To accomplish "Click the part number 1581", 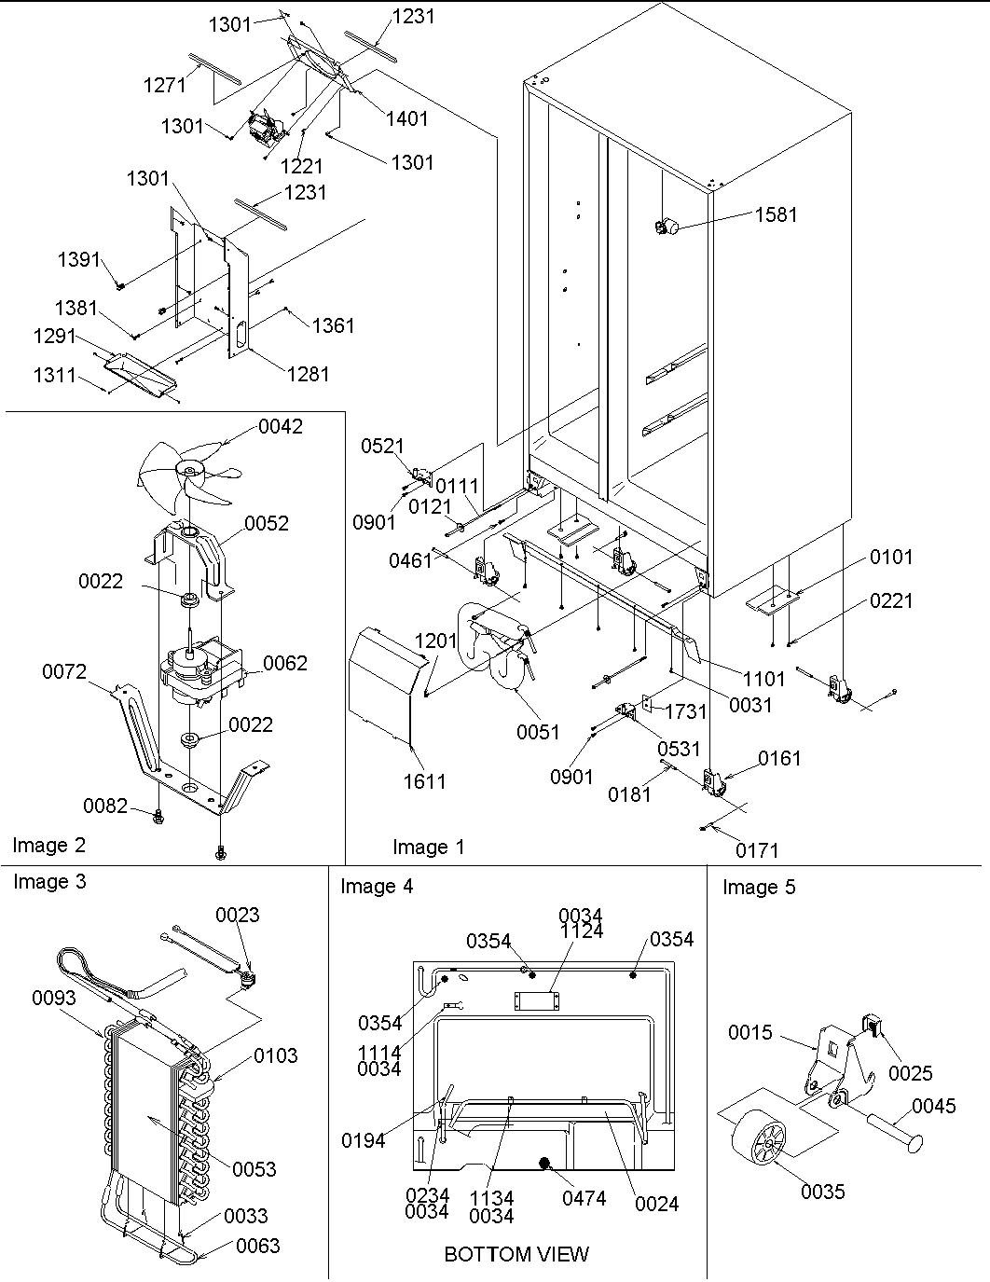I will click(776, 214).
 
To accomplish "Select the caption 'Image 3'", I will click(49, 882).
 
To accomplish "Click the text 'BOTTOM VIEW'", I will click(516, 1254).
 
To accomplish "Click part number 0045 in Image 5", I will click(933, 1107).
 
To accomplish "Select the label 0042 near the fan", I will click(281, 427).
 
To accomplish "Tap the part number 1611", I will click(424, 782).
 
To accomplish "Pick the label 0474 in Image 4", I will click(584, 1198).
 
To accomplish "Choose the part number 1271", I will click(165, 85).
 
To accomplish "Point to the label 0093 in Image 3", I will click(55, 999).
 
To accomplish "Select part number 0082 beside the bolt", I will click(105, 806).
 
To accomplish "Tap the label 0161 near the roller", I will click(779, 758).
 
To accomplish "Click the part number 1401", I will click(406, 118).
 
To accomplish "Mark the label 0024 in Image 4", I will click(657, 1204).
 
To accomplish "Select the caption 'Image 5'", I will click(759, 888).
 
